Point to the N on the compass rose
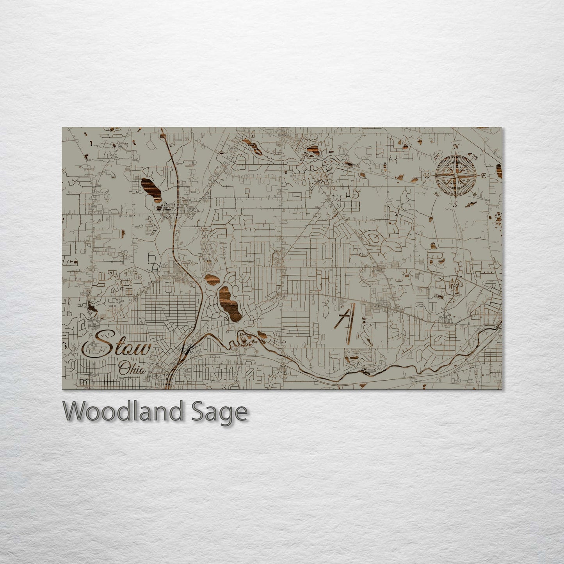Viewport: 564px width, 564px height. (x=455, y=147)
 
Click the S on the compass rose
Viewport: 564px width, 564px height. (x=455, y=204)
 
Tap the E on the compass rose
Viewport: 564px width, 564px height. (x=484, y=176)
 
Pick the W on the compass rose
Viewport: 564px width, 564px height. (x=427, y=176)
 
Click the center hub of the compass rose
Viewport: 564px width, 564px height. (x=455, y=175)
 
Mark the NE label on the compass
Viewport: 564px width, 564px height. (x=475, y=157)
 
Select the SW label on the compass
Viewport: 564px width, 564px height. (x=436, y=194)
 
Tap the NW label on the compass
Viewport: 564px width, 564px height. (x=436, y=158)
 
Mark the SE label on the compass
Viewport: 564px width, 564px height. (x=474, y=194)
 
